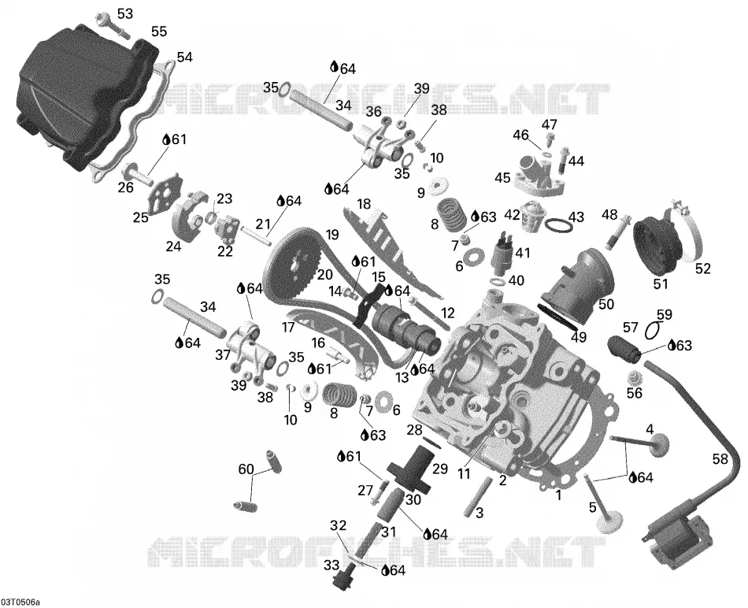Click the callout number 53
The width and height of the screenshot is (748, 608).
click(x=125, y=14)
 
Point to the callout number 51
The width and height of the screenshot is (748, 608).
click(x=661, y=284)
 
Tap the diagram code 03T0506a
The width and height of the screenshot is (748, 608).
click(x=21, y=600)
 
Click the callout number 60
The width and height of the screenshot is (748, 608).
click(x=246, y=469)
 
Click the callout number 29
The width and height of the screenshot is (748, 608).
click(x=440, y=469)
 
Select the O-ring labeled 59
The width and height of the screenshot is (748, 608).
click(x=653, y=329)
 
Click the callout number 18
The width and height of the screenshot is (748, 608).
click(x=364, y=204)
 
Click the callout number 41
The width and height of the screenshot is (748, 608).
click(x=522, y=252)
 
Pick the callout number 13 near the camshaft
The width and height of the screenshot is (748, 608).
click(x=402, y=377)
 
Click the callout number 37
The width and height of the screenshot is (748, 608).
click(x=222, y=354)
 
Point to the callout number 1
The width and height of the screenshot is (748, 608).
click(x=558, y=495)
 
